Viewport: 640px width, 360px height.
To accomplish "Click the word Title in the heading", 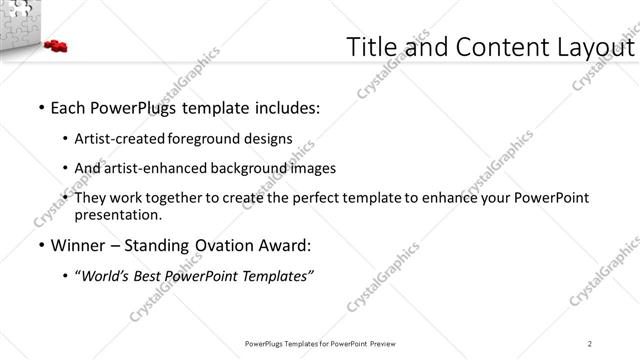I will click(371, 47).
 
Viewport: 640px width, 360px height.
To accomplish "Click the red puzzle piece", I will click(55, 45).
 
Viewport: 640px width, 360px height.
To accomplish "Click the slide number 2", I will click(590, 343).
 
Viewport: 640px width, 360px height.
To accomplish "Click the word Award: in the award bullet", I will click(284, 246).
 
